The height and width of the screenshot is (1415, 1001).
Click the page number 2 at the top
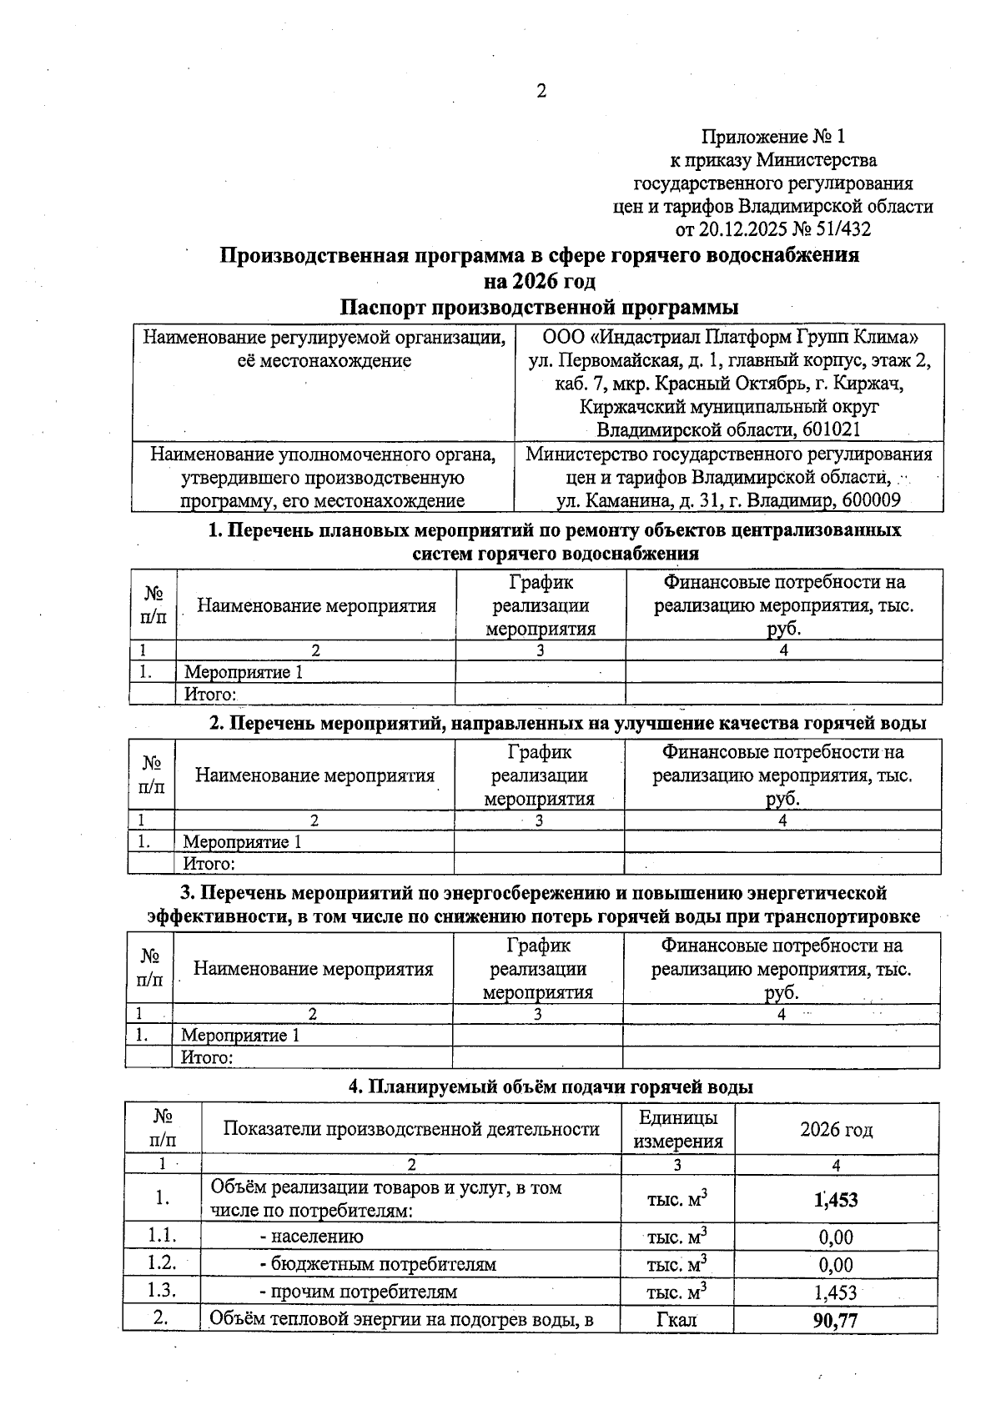click(x=541, y=92)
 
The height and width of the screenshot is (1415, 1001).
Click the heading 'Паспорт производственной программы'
click(x=540, y=306)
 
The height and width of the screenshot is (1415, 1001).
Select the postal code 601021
click(x=832, y=430)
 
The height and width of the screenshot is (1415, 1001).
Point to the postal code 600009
click(x=871, y=500)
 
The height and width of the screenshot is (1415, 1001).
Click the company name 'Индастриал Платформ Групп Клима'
click(x=734, y=338)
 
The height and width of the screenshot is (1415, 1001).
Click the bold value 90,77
click(x=835, y=1321)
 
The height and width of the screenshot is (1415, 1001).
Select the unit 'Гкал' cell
click(x=677, y=1320)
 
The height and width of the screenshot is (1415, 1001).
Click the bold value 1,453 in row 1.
click(x=835, y=1200)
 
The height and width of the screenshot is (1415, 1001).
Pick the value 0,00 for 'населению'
click(x=835, y=1237)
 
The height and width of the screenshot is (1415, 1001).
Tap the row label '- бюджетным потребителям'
click(x=377, y=1264)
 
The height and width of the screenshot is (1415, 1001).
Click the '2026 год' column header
click(x=836, y=1130)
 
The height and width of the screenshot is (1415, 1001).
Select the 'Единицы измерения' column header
click(x=677, y=1130)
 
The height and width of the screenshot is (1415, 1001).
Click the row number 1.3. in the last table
click(x=161, y=1291)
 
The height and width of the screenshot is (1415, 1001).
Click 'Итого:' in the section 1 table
click(x=211, y=695)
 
